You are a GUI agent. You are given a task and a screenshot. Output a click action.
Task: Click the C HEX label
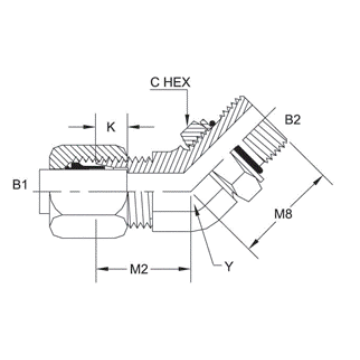tap(170, 82)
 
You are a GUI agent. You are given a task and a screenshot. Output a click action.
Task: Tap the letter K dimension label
tap(111, 127)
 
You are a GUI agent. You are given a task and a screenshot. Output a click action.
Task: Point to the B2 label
tap(293, 120)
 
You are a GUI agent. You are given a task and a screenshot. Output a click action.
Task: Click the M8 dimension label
tap(283, 214)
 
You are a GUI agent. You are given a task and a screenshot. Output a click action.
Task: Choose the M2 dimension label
tap(139, 269)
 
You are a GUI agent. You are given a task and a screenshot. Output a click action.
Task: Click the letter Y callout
tap(228, 266)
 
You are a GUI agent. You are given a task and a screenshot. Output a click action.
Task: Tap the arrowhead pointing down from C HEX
tap(187, 120)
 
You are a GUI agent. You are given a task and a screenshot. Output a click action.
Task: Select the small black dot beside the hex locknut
tap(212, 123)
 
